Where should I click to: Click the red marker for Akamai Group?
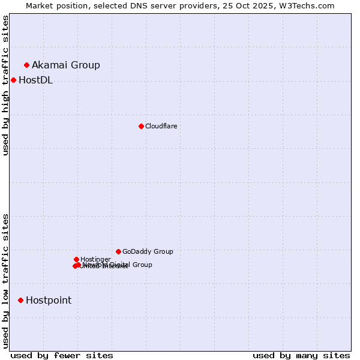tap(26, 65)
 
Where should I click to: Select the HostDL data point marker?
tap(13, 80)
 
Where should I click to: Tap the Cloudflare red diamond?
tap(141, 126)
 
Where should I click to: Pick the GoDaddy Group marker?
tap(118, 251)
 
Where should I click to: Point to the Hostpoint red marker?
tap(20, 300)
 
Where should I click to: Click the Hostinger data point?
tap(76, 259)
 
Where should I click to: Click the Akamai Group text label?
tap(66, 65)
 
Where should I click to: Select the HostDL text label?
tap(35, 80)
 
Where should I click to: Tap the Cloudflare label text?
tap(161, 126)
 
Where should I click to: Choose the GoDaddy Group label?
tap(148, 251)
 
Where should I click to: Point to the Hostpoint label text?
tap(49, 300)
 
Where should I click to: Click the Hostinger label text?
tap(95, 259)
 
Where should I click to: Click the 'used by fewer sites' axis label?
tap(62, 355)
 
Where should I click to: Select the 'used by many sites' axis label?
tap(301, 355)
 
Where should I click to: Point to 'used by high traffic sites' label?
tap(6, 85)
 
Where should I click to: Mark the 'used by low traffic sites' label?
tap(6, 280)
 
